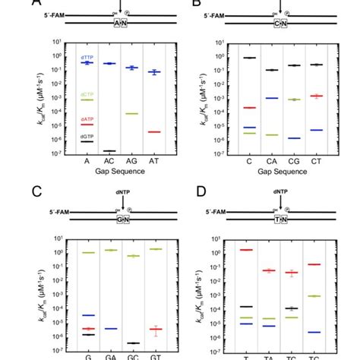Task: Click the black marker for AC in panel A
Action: (109, 151)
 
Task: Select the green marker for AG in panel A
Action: (131, 113)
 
